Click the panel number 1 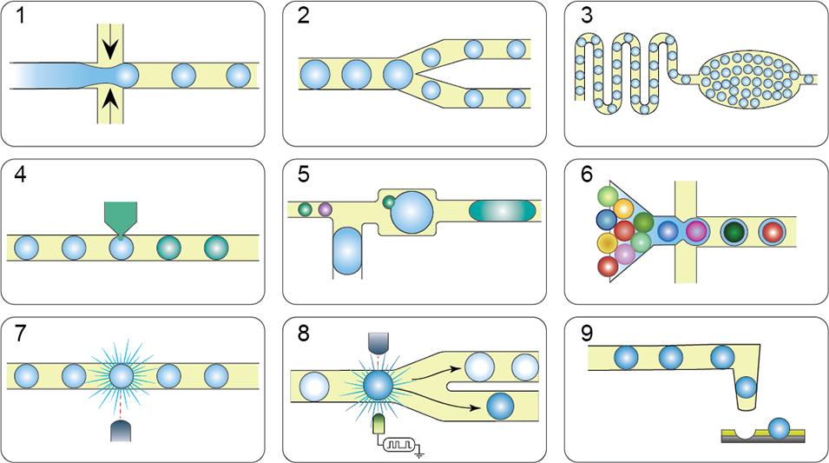[x=17, y=17]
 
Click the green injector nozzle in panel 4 [x=120, y=216]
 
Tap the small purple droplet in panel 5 [x=326, y=208]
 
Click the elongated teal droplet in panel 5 [x=504, y=210]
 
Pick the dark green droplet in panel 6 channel [x=735, y=232]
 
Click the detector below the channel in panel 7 [x=121, y=432]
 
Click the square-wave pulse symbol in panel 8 [x=398, y=444]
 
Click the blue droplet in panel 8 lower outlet [x=500, y=405]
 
